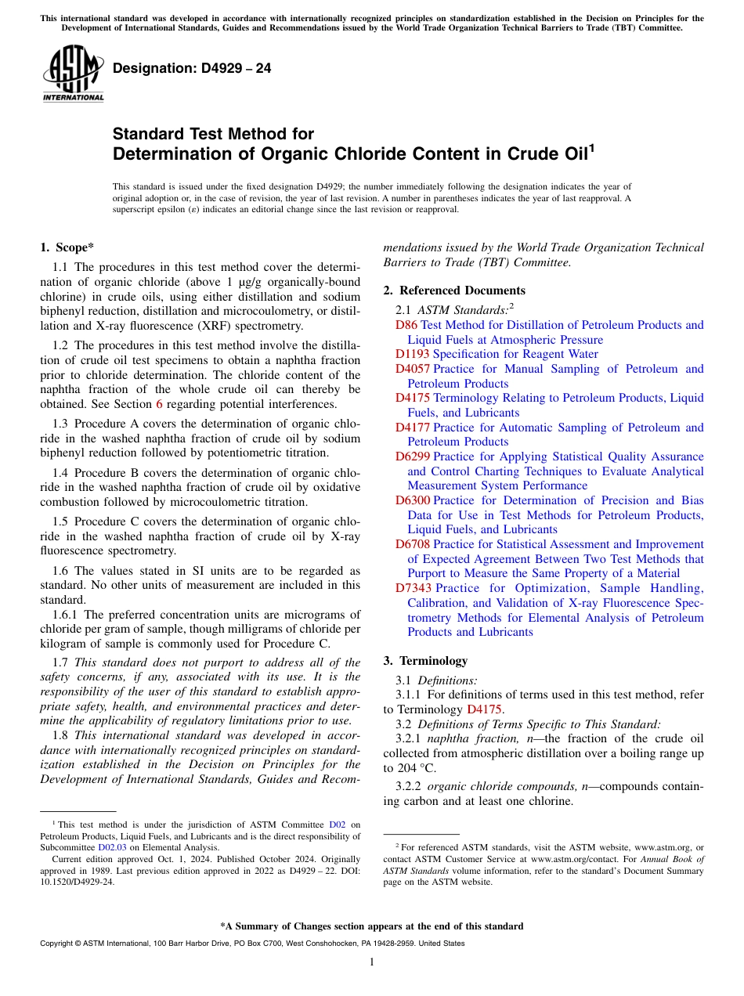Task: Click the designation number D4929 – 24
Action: coord(192,69)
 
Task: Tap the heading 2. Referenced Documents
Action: coord(454,290)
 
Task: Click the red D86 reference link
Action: coord(406,325)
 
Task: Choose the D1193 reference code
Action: coord(412,354)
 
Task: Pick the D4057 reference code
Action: coord(412,369)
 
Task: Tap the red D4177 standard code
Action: coord(412,428)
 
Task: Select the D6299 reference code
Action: coord(412,456)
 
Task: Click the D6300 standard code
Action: coord(412,500)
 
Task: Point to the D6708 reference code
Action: coord(412,544)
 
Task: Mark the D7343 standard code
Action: coord(412,588)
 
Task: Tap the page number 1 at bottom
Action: coord(372,962)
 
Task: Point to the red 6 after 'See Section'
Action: coord(160,404)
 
